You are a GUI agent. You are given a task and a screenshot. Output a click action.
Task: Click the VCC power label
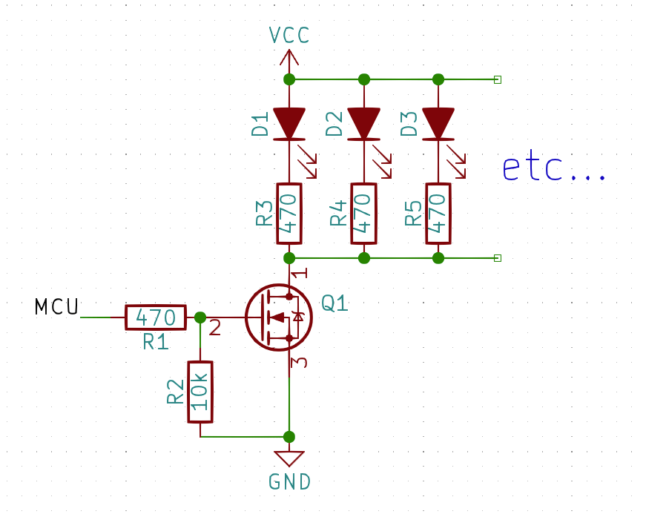[x=289, y=35]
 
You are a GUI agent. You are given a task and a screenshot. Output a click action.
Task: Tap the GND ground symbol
[x=289, y=458]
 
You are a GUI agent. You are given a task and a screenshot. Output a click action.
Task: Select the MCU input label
[x=56, y=307]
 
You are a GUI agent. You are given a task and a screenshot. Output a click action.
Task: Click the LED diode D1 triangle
[x=289, y=123]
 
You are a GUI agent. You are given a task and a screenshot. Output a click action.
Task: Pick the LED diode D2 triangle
[x=363, y=123]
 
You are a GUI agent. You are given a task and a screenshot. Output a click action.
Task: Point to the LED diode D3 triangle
[x=438, y=123]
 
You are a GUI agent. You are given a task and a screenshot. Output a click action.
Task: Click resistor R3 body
[x=289, y=214]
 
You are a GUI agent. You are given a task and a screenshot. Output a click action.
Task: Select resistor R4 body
[x=363, y=214]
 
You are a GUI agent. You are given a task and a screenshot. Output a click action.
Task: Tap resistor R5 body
[x=438, y=214]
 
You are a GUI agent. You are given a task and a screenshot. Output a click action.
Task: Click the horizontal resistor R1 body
[x=156, y=317]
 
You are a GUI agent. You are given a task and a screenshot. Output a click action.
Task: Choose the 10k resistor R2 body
[x=200, y=392]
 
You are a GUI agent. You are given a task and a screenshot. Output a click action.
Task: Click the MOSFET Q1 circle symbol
[x=279, y=317]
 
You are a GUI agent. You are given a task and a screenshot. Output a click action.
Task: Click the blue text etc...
[x=553, y=169]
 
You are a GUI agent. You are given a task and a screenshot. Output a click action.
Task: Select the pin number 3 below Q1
[x=298, y=363]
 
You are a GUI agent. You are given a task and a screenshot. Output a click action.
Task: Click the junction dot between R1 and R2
[x=200, y=317]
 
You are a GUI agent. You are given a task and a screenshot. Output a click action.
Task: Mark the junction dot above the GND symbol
[x=289, y=437]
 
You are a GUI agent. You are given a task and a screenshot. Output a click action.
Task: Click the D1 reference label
[x=260, y=125]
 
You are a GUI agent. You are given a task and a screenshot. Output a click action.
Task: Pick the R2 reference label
[x=176, y=392]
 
